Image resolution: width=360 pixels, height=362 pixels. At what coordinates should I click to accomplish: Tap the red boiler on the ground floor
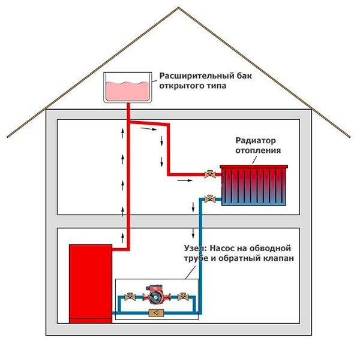pyautogui.click(x=89, y=282)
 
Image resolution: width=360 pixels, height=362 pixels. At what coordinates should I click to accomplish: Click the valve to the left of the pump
pyautogui.click(x=129, y=297)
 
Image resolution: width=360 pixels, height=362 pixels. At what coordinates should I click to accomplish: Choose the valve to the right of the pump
pyautogui.click(x=182, y=296)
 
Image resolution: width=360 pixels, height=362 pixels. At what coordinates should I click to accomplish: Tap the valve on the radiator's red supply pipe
pyautogui.click(x=209, y=175)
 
